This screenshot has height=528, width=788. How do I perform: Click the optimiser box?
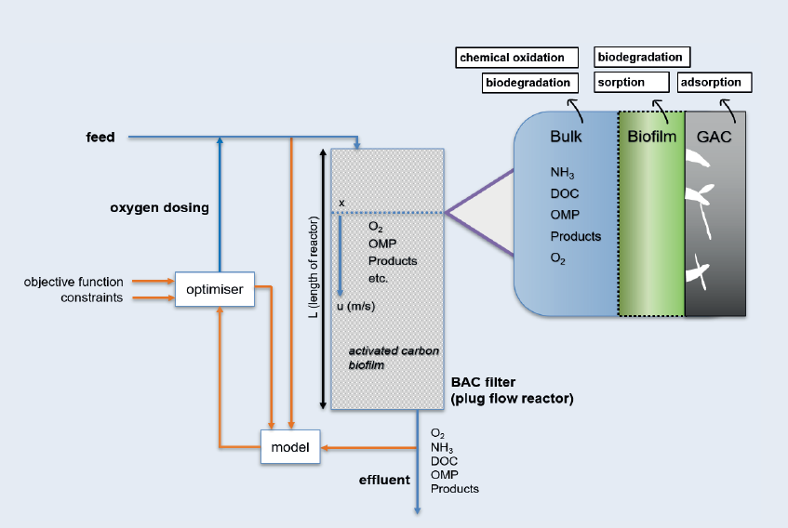click(x=214, y=289)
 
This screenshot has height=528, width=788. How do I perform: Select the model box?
click(x=290, y=446)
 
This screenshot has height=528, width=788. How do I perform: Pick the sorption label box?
click(x=631, y=83)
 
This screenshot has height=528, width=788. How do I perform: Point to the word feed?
click(x=100, y=138)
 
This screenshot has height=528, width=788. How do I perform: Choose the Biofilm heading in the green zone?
click(x=650, y=138)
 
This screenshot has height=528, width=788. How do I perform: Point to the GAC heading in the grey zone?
click(x=715, y=138)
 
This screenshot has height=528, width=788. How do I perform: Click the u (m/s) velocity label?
click(x=355, y=305)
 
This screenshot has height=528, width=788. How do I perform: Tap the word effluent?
click(x=383, y=481)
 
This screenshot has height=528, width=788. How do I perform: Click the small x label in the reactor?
click(x=342, y=202)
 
